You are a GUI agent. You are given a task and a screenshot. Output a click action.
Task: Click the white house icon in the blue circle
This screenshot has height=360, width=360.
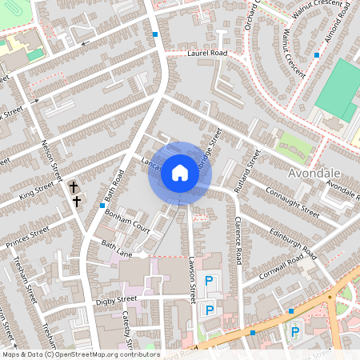(x=179, y=173)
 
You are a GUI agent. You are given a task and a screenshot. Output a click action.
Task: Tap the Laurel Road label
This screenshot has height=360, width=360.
(x=207, y=53)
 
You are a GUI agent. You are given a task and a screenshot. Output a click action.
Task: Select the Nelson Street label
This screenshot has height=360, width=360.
(x=51, y=161)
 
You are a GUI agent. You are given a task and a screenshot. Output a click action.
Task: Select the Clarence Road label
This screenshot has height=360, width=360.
(x=237, y=240)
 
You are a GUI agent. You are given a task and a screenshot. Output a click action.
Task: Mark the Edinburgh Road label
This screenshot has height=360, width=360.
(x=294, y=241)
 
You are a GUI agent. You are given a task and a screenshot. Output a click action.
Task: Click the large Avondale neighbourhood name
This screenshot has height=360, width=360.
(x=314, y=174)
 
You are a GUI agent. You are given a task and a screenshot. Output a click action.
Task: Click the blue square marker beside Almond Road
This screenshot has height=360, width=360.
(x=317, y=54)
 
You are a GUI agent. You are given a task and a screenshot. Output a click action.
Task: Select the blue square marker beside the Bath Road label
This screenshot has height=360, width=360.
(x=103, y=205)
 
